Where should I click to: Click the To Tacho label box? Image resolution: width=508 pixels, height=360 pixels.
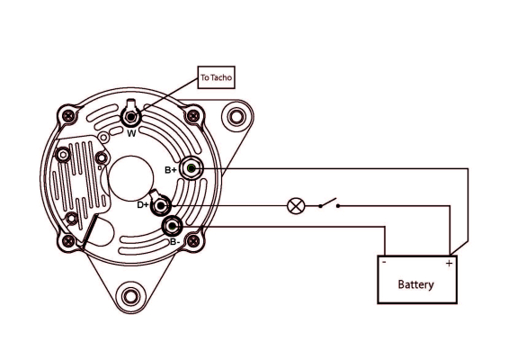point(216,79)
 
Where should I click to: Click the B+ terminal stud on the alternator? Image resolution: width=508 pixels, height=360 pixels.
point(192,168)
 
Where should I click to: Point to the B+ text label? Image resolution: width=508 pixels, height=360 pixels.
point(171,169)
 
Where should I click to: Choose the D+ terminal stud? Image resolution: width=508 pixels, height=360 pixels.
point(162,205)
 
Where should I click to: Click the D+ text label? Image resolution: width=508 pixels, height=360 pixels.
point(143,205)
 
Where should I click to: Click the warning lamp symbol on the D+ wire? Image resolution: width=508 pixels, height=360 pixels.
point(294,205)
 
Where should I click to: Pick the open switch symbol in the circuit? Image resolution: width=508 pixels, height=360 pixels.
point(328,203)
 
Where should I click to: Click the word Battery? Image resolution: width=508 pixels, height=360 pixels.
point(415,284)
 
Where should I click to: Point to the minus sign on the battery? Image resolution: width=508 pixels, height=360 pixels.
point(384,264)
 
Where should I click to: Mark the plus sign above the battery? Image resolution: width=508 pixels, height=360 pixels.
point(449,263)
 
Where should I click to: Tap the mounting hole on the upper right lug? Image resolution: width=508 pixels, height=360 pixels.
point(236,117)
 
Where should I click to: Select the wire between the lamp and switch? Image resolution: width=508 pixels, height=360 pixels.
point(310,205)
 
